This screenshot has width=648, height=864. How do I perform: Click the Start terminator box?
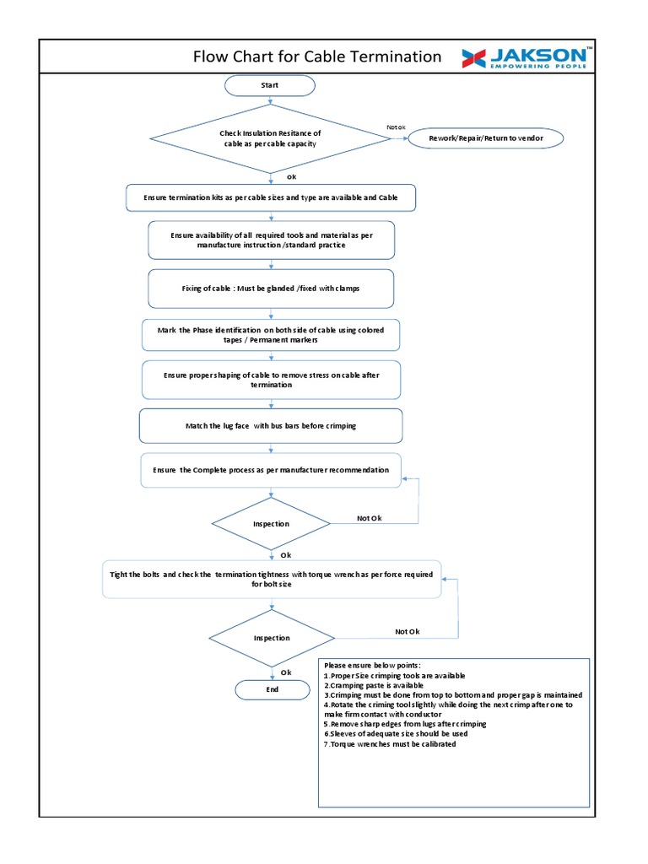270,85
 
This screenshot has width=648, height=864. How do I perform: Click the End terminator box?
272,689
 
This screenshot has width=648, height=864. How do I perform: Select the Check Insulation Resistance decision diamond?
270,138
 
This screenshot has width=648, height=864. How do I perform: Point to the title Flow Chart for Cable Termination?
317,57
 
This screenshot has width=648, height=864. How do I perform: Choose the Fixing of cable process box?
270,289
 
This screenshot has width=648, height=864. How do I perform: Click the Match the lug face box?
270,426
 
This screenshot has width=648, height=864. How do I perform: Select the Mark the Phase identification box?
270,334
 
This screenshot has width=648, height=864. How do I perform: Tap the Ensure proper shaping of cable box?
270,380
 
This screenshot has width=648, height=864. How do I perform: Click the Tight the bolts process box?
272,579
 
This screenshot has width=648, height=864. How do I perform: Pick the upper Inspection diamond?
271,524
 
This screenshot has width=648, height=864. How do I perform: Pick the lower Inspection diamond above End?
271,638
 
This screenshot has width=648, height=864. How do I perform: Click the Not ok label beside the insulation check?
396,127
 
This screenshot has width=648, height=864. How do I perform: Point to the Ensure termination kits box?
270,197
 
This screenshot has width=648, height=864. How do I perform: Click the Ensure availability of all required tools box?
270,240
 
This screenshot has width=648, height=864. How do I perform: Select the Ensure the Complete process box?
270,470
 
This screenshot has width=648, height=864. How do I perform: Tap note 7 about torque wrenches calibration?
390,744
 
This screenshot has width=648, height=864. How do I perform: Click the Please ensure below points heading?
371,666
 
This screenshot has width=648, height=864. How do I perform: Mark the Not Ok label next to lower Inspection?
407,631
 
